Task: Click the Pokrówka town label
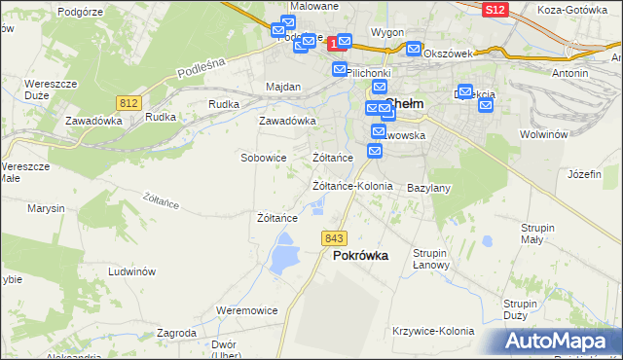(360, 256)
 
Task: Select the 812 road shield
(128, 101)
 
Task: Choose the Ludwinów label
(132, 272)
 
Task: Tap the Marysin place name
(46, 209)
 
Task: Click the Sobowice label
(263, 157)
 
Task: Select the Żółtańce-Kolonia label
(351, 186)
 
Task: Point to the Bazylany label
(428, 187)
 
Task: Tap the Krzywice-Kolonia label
(431, 331)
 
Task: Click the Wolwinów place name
(543, 135)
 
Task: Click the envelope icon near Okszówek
(415, 49)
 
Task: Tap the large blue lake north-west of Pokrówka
(284, 257)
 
